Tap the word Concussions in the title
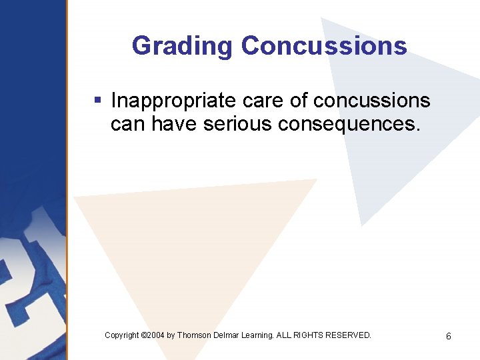pyautogui.click(x=324, y=46)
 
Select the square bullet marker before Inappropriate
pyautogui.click(x=97, y=101)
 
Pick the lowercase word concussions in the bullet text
pyautogui.click(x=371, y=101)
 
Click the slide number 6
pyautogui.click(x=449, y=337)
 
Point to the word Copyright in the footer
pyautogui.click(x=122, y=335)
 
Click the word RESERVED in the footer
pyautogui.click(x=351, y=335)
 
